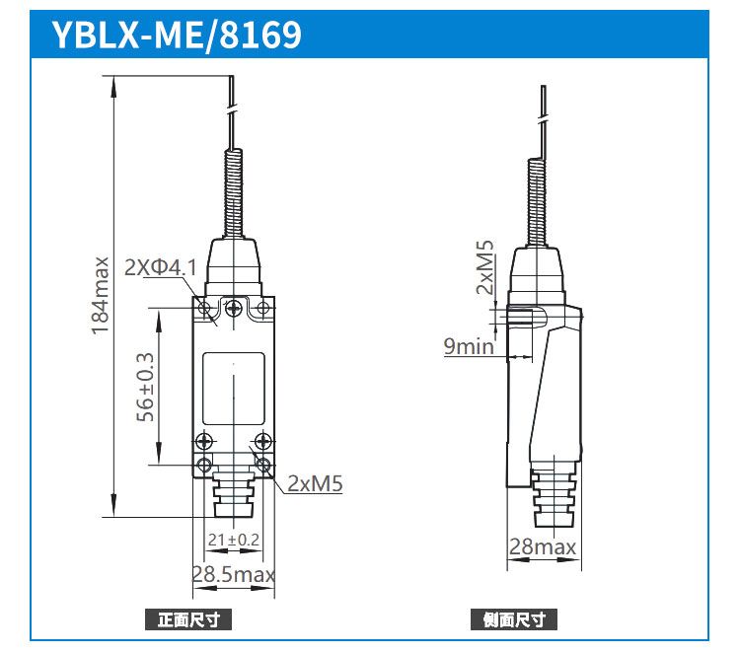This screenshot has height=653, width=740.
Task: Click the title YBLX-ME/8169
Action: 177,35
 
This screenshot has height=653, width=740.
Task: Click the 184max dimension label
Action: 100,296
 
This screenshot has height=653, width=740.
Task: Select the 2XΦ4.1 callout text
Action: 161,267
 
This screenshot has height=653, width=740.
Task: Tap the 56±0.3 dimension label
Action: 145,387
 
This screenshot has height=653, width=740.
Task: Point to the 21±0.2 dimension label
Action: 234,540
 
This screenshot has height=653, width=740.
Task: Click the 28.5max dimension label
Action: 234,574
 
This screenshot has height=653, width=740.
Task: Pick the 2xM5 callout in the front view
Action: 315,483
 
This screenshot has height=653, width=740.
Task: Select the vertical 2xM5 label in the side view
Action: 484,267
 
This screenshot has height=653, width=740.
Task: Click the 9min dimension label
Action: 469,346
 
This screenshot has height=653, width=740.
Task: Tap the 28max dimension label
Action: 543,546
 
